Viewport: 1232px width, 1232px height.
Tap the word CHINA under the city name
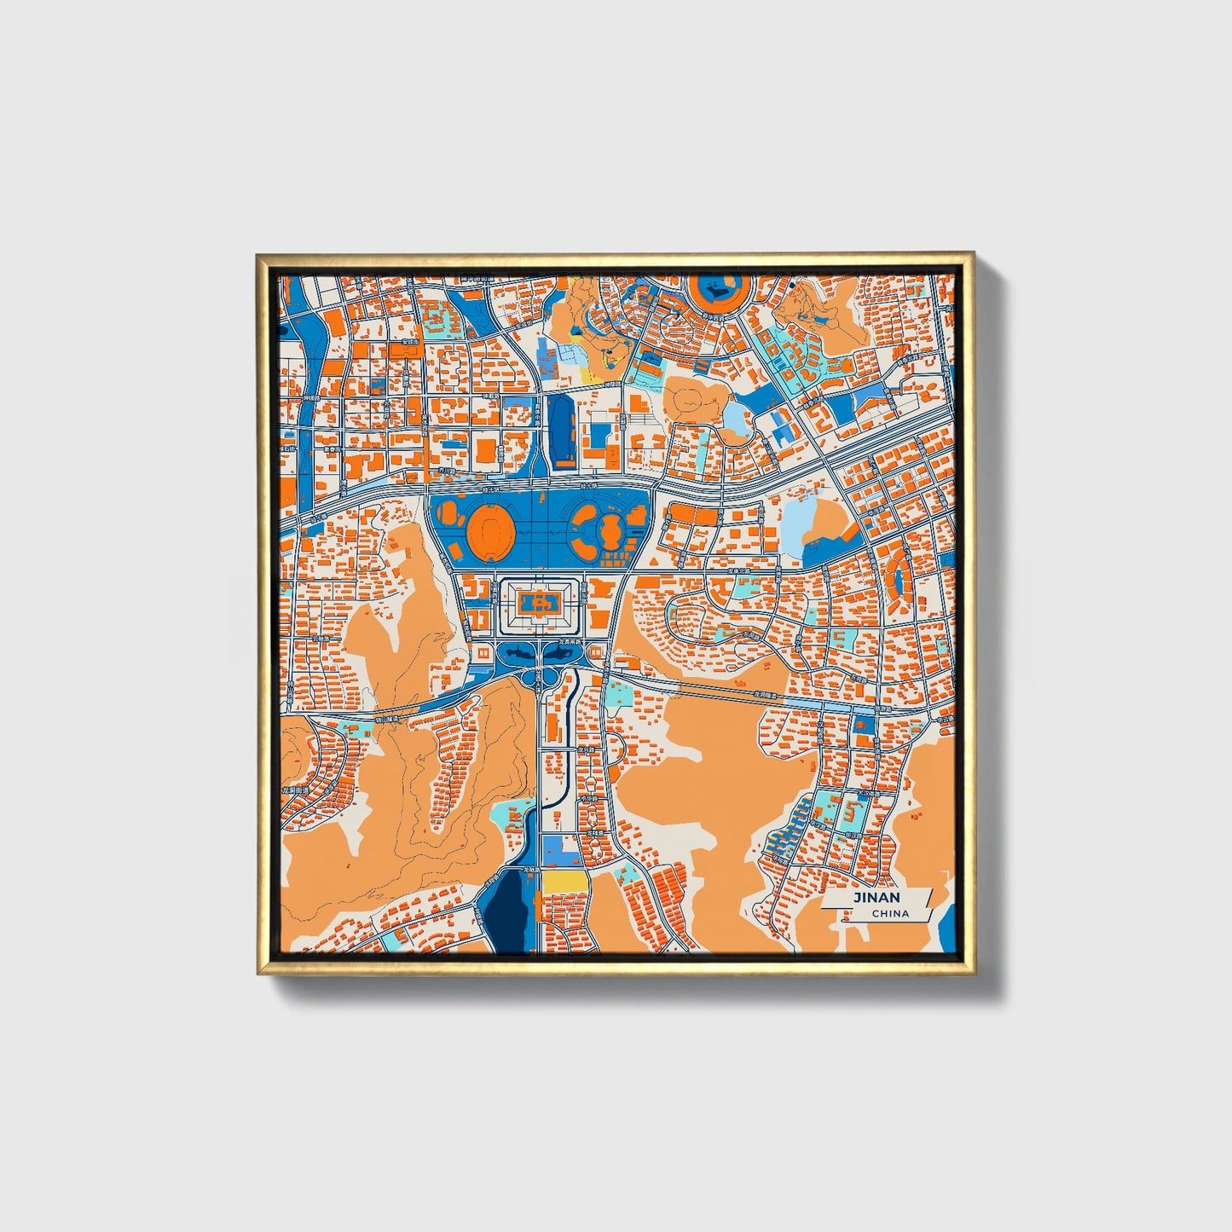click(x=890, y=914)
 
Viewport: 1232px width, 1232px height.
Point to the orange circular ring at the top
click(x=720, y=291)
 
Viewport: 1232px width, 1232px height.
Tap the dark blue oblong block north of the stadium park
click(x=563, y=431)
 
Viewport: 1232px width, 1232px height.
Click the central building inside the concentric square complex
click(x=538, y=604)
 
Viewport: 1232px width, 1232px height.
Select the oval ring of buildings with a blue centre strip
click(x=896, y=580)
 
